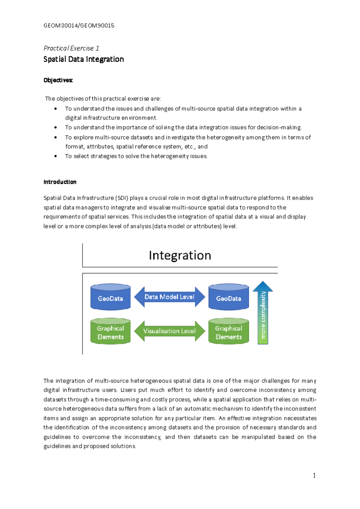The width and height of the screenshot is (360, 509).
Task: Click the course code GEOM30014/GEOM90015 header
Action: [x=79, y=26]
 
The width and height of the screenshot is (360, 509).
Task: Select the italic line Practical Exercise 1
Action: [x=71, y=48]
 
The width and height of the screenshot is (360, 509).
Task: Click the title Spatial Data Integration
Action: [x=83, y=59]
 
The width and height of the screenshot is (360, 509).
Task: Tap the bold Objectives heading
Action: [x=58, y=80]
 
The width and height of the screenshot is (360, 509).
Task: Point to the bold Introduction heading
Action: [x=60, y=182]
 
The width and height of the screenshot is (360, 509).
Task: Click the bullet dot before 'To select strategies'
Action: [x=55, y=156]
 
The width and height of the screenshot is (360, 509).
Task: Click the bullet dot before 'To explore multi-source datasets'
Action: [x=55, y=137]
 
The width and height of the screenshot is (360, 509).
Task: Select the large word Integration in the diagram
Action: [x=180, y=255]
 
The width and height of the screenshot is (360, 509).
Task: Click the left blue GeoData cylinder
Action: [x=110, y=297]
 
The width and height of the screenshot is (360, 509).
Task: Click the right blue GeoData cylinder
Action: [x=229, y=297]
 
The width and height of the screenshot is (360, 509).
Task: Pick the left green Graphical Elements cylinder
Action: [x=110, y=331]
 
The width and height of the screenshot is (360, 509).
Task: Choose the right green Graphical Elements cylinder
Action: [x=229, y=331]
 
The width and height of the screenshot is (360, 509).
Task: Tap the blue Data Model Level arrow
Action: [x=169, y=297]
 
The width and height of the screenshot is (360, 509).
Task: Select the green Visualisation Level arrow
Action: [x=169, y=331]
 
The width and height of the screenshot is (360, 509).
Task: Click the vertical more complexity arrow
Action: [x=263, y=314]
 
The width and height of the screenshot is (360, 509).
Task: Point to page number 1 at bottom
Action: [x=314, y=475]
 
